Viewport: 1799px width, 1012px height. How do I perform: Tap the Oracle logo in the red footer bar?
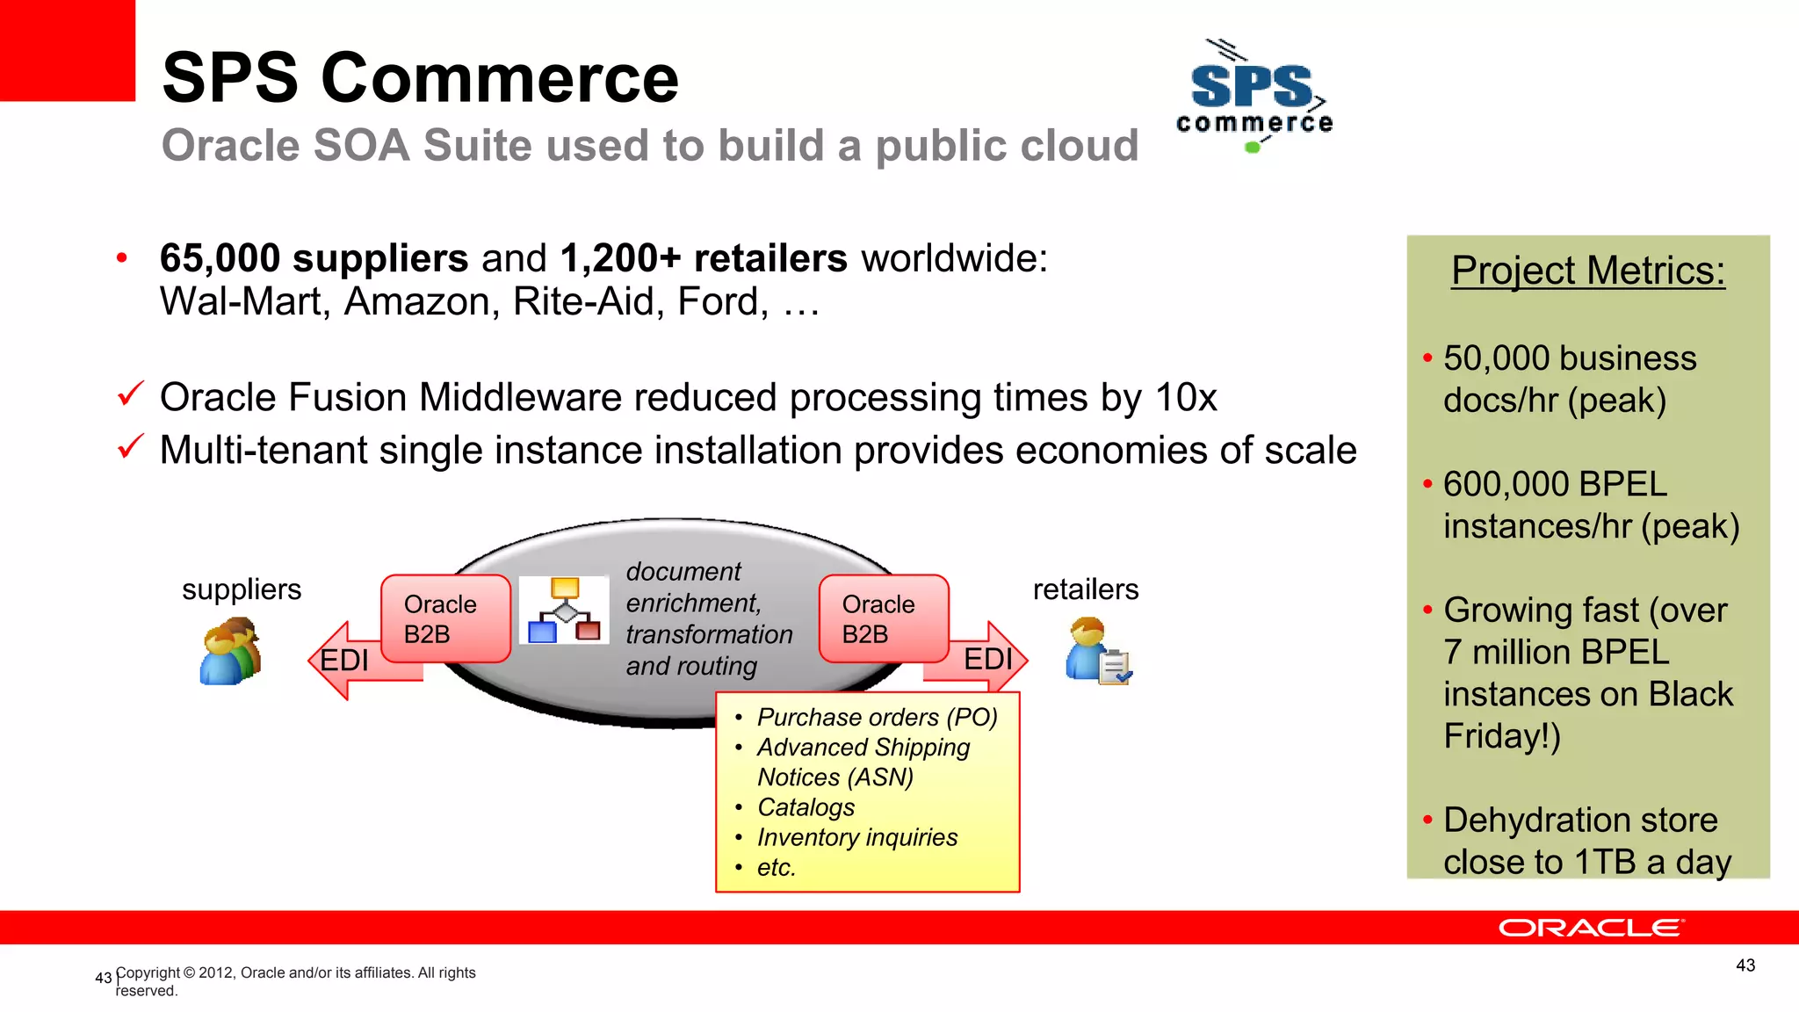1591,928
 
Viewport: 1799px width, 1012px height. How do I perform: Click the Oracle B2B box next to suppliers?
444,618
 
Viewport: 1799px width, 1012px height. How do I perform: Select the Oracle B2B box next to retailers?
883,618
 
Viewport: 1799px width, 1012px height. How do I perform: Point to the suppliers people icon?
231,652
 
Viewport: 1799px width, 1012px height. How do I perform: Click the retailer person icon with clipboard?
1098,652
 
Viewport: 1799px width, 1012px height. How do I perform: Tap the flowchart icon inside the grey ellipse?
564,610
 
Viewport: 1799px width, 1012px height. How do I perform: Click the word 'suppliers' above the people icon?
242,589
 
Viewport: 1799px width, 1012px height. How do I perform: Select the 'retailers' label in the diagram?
1086,589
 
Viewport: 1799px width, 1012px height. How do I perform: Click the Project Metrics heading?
1588,271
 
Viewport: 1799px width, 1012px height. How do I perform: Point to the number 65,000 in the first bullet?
220,258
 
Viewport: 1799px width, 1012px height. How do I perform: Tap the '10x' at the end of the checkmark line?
1186,398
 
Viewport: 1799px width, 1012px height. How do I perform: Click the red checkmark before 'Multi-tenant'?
130,447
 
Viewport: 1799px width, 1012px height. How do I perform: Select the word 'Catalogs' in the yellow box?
806,807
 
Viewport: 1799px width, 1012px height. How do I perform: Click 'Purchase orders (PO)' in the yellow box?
877,717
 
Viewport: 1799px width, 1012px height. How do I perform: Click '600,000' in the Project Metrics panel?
1505,484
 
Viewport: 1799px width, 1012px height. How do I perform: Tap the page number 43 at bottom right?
1745,965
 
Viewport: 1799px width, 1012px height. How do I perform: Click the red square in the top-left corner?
68,50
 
